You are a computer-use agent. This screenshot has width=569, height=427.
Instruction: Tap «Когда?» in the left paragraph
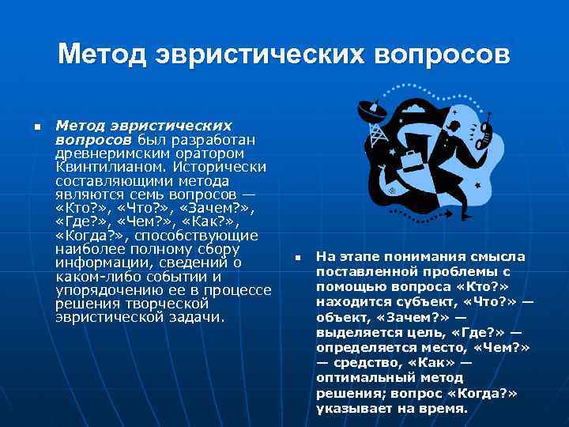tap(90, 236)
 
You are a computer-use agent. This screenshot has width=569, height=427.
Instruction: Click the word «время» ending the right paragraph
tap(446, 410)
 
